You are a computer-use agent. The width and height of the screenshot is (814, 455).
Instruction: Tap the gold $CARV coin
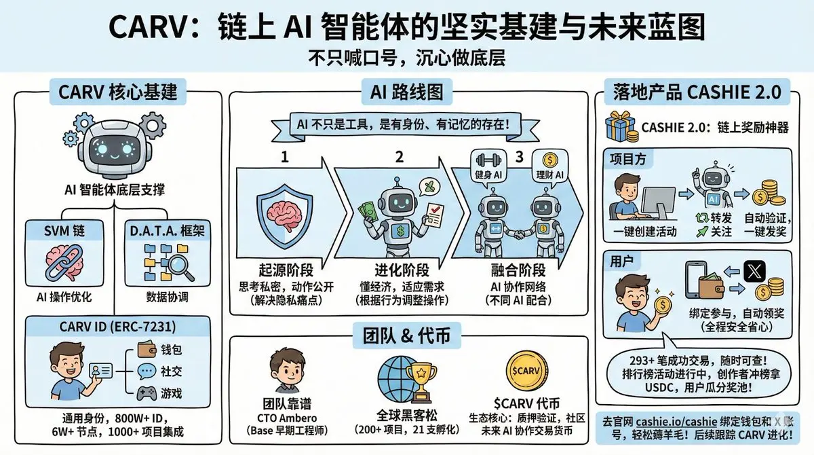point(523,369)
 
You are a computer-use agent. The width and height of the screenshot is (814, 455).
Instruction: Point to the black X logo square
point(753,272)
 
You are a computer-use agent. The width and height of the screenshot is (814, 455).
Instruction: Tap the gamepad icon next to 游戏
point(146,393)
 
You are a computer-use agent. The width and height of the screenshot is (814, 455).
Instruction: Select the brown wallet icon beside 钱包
point(147,351)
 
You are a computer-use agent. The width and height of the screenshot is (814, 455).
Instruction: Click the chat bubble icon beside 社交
point(147,371)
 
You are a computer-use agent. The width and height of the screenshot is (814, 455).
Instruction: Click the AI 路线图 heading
point(408,91)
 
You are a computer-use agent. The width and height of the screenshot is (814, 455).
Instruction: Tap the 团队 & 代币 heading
point(407,334)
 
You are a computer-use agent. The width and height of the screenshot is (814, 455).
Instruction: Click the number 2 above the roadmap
point(400,156)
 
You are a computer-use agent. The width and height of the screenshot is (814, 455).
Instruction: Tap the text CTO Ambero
point(286,416)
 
